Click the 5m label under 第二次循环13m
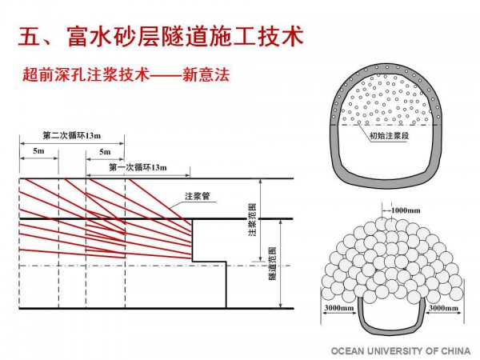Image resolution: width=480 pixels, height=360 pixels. [38, 150]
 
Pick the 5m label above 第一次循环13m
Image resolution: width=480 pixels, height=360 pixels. [105, 150]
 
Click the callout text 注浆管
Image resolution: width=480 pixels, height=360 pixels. [197, 195]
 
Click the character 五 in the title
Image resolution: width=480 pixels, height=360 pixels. [28, 37]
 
